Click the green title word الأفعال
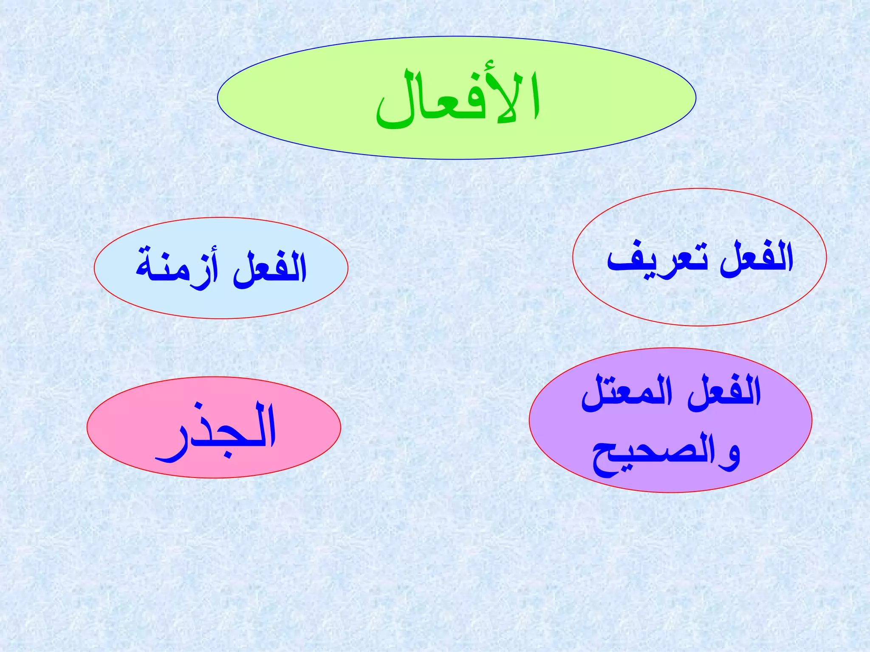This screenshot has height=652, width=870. coord(458,100)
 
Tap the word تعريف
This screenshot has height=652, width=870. coord(657,259)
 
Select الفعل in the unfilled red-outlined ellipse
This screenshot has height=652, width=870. coord(756,259)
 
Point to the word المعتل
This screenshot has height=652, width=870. coord(627,393)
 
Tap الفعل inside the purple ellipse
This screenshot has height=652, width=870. coord(724,393)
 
